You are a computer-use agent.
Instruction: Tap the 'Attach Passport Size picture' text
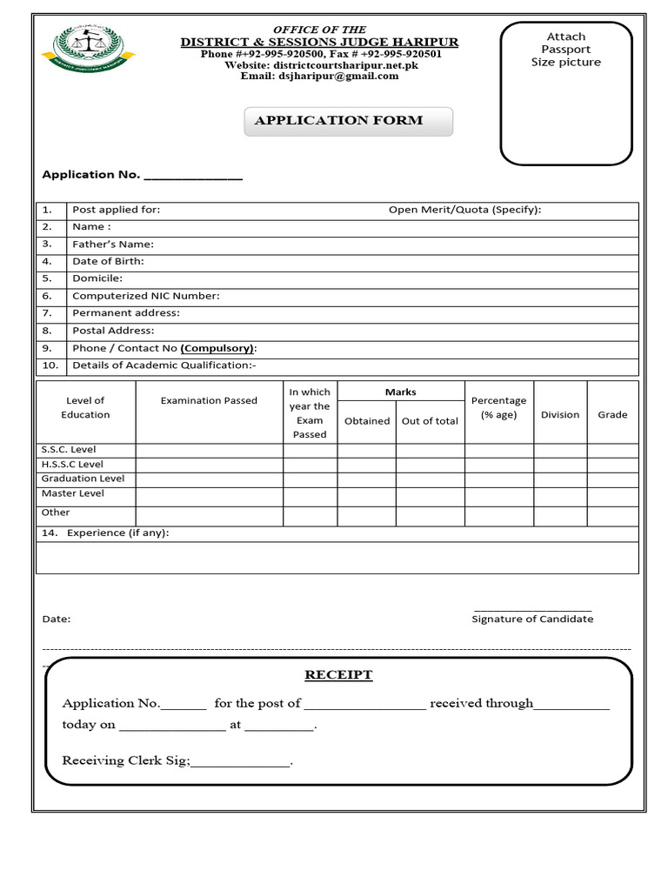click(x=566, y=50)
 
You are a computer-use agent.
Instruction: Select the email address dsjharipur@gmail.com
click(x=319, y=77)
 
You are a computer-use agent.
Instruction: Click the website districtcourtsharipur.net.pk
click(x=319, y=65)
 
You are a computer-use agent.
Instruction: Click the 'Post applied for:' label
click(x=116, y=210)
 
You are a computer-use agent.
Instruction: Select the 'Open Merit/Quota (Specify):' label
click(x=464, y=210)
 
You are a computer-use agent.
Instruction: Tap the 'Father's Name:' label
click(x=113, y=245)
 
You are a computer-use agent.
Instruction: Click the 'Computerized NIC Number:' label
click(x=146, y=296)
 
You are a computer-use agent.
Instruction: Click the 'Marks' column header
click(x=401, y=392)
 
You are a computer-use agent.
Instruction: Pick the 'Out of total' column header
click(x=430, y=421)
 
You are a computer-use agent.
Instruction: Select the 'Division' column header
click(x=560, y=415)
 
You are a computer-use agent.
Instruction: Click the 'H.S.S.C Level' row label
click(x=72, y=465)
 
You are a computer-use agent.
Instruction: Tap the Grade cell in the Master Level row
click(x=612, y=493)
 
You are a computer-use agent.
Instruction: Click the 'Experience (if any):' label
click(x=117, y=533)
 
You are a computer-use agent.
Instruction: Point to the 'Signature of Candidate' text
click(x=532, y=619)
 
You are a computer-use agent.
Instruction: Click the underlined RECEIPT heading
click(x=338, y=675)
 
